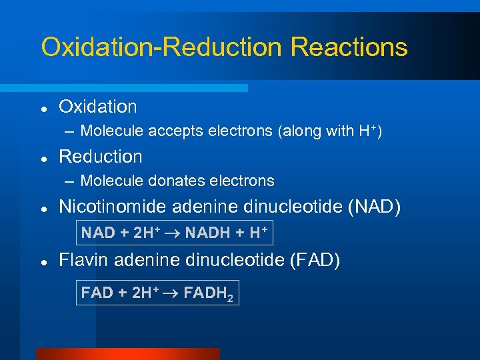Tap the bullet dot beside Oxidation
43,107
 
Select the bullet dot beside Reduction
43,158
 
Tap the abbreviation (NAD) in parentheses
375,207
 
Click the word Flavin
83,259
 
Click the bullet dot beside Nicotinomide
43,209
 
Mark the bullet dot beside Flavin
43,261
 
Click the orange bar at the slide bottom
127,354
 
